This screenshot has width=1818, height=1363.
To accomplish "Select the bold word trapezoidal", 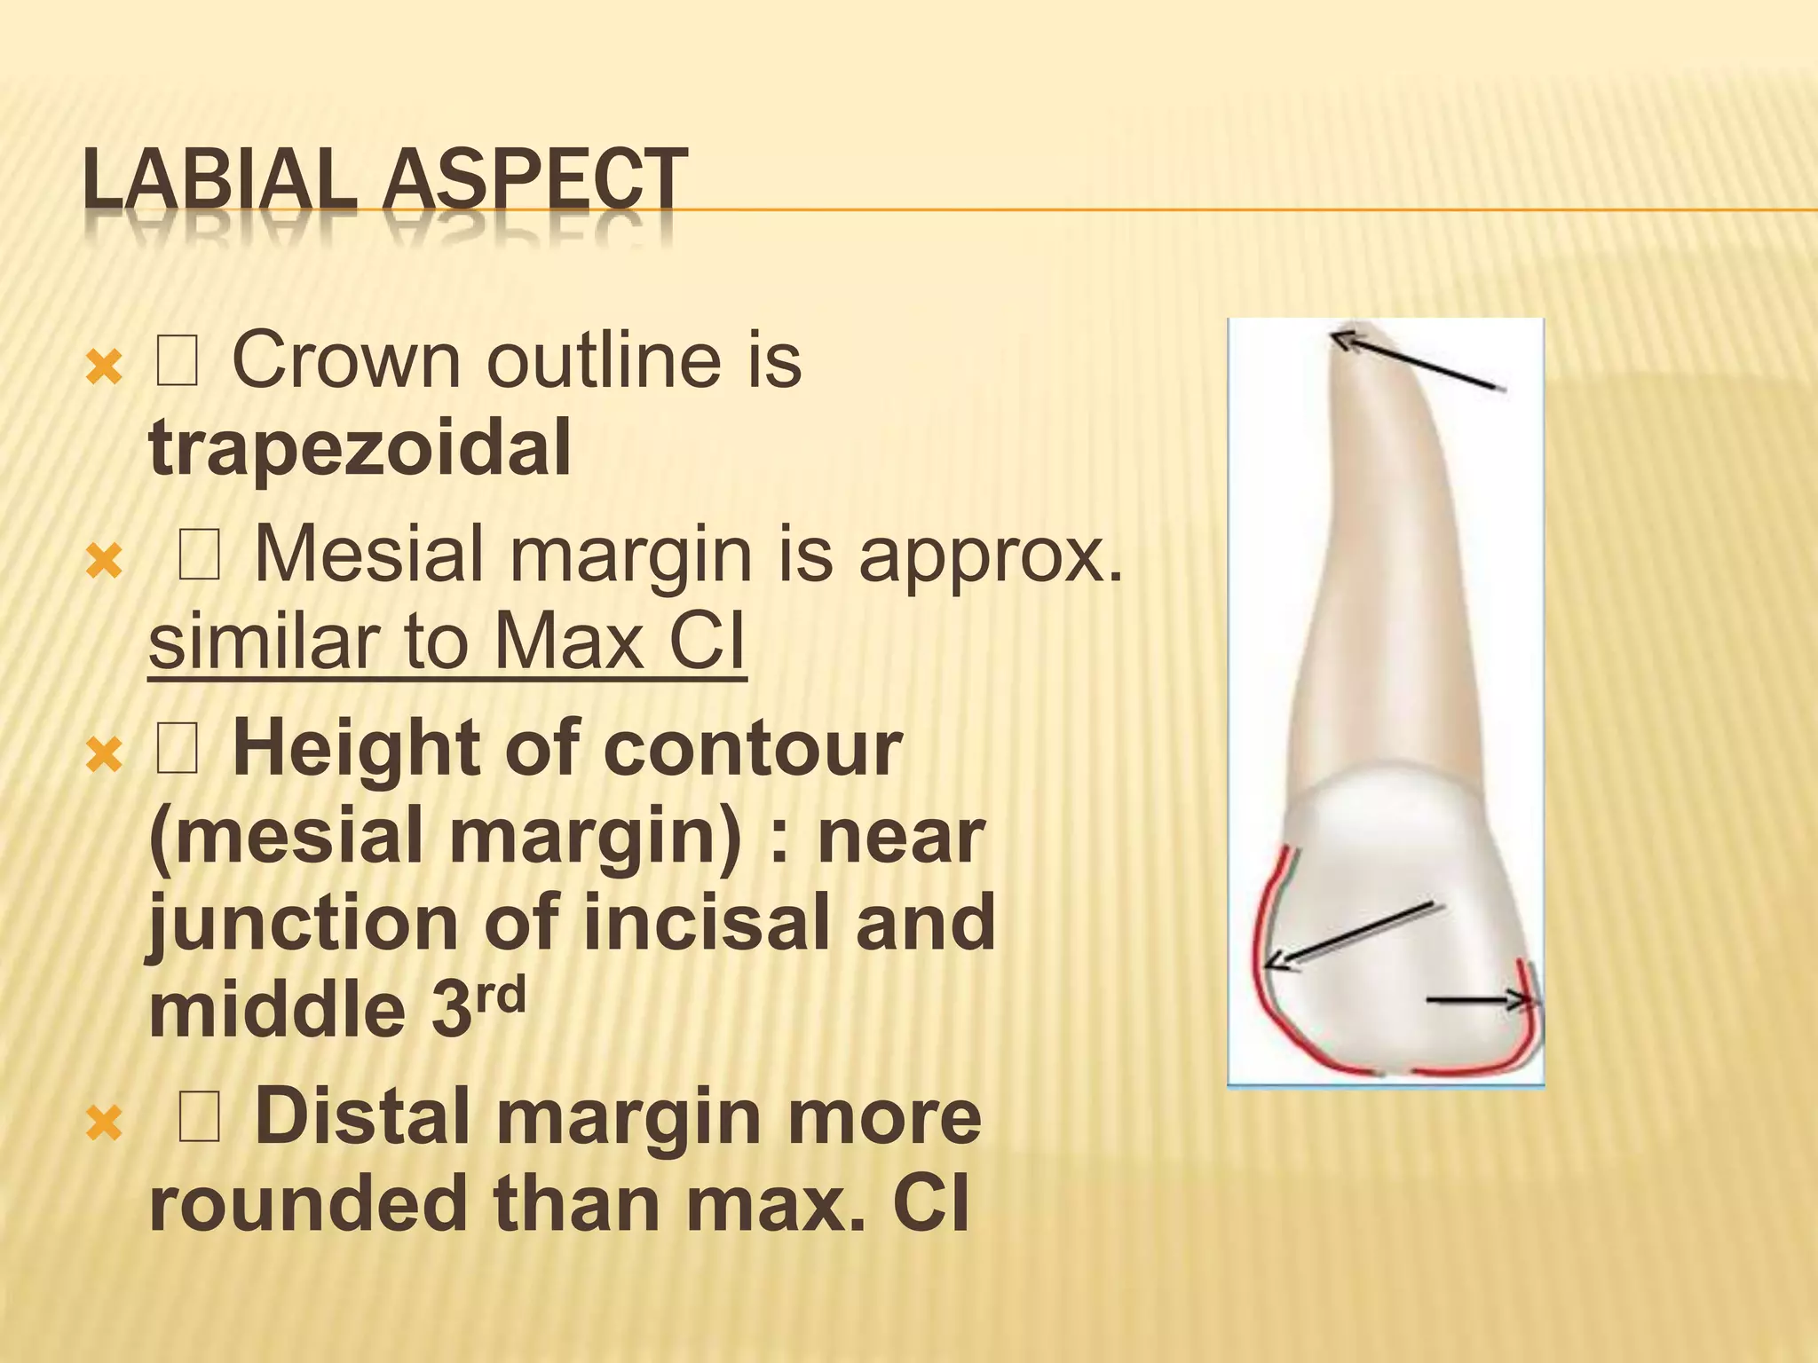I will click(x=360, y=447).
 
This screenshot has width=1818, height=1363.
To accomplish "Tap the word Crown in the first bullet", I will click(x=346, y=360).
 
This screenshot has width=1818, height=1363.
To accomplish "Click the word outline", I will click(x=609, y=360).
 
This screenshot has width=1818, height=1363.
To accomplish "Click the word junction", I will click(x=302, y=923).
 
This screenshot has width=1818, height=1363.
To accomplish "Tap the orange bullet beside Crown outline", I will click(x=104, y=367).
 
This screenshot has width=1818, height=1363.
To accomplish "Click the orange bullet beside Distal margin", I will click(x=104, y=1124).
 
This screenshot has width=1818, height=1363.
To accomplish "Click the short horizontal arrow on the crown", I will click(x=1478, y=1001).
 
